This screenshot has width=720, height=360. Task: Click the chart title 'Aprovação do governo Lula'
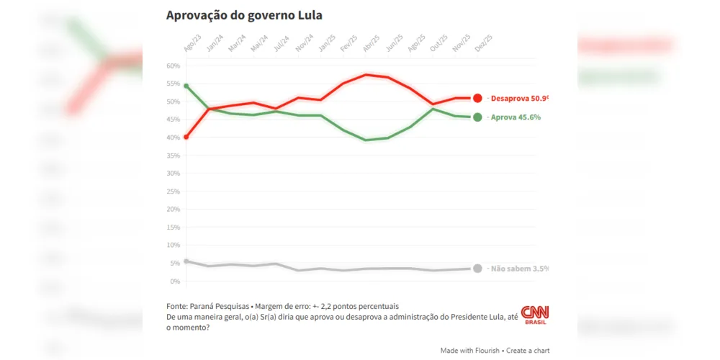[243, 15]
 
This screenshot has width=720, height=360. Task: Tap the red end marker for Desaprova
[477, 98]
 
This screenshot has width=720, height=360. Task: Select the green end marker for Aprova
[477, 117]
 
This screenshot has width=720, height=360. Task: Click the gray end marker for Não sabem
[477, 268]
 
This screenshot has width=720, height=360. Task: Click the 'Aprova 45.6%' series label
[516, 117]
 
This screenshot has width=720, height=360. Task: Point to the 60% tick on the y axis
[173, 66]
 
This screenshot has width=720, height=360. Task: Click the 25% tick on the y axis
[173, 192]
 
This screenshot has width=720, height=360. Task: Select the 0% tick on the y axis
[174, 281]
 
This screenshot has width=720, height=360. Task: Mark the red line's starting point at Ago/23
[186, 137]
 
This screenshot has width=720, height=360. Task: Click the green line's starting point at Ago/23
[186, 86]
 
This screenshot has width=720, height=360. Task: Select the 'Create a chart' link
[528, 351]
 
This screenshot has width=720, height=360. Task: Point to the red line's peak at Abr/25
[366, 74]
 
